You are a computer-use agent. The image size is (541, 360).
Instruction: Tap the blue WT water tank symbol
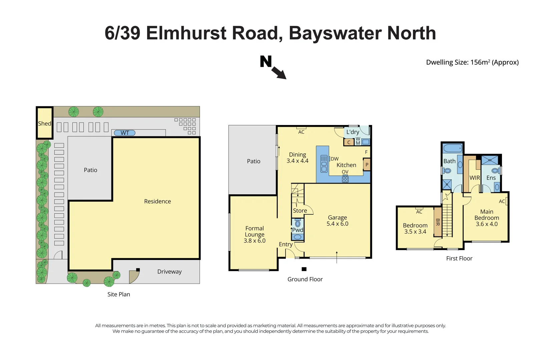pos(125,133)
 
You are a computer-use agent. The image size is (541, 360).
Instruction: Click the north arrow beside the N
pos(279,73)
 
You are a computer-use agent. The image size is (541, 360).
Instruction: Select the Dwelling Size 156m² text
pos(472,62)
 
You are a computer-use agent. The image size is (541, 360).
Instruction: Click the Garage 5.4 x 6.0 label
pos(337,221)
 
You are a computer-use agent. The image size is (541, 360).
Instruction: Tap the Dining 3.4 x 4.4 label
pos(298,158)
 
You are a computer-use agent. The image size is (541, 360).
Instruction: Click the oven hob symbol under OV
pos(345,179)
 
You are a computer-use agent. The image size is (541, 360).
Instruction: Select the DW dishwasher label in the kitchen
pos(335,159)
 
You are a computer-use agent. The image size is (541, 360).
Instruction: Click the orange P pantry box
pos(367,165)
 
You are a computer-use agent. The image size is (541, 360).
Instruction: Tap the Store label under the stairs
pos(300,211)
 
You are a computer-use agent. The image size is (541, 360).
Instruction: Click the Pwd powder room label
pos(298,230)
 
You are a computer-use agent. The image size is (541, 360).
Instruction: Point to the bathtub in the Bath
pos(453,148)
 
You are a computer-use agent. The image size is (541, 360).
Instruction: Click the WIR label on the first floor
pos(475,178)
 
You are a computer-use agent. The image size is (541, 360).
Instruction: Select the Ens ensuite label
pos(491,178)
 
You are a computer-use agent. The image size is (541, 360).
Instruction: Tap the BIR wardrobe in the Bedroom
pos(438,222)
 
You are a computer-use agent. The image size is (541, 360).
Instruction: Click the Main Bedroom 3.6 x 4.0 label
pos(487,218)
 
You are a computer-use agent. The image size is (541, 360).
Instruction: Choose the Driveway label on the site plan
pos(169,272)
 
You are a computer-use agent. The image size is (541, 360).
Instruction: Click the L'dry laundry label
pos(353,132)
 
